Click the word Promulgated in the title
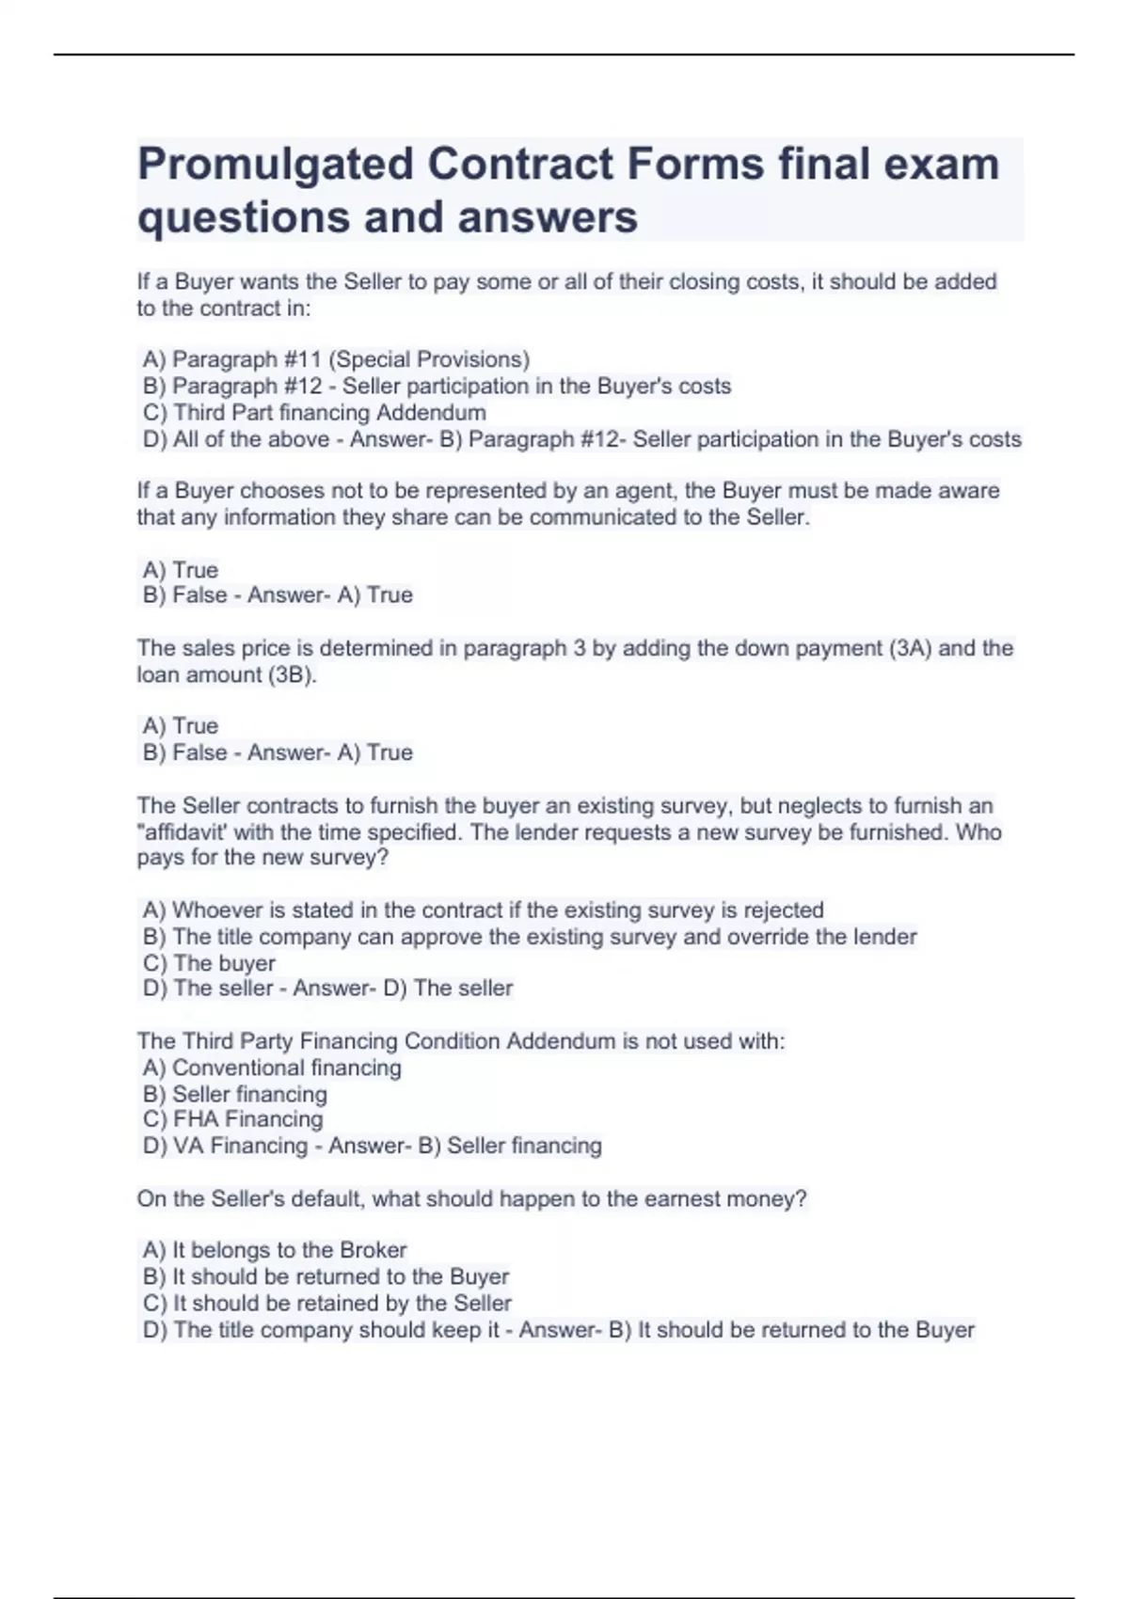point(275,165)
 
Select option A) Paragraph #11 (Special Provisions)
point(336,359)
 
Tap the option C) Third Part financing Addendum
point(314,412)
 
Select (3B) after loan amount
point(292,674)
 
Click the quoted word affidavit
point(184,832)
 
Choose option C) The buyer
point(209,963)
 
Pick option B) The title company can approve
point(529,937)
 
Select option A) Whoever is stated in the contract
point(483,910)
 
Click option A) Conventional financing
point(272,1068)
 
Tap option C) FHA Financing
point(232,1119)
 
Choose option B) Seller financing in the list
point(235,1094)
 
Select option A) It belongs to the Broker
point(275,1250)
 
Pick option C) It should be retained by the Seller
point(326,1303)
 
